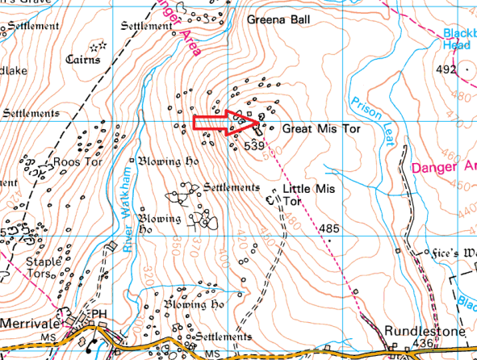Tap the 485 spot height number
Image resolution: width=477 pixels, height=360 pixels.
[x=328, y=229]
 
